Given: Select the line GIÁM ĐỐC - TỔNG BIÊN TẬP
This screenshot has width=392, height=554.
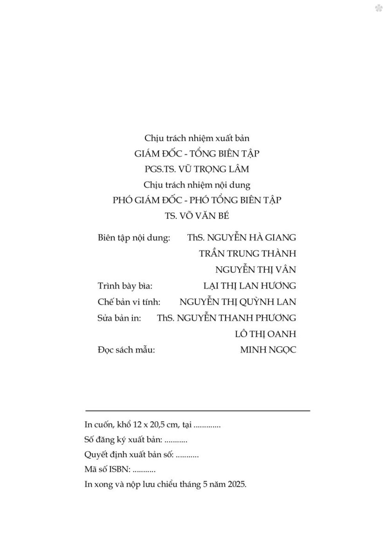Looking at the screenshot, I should [x=197, y=153].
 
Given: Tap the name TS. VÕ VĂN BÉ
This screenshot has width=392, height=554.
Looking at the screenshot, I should [x=197, y=216].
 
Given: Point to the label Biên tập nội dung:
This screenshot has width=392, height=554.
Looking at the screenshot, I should [x=134, y=238].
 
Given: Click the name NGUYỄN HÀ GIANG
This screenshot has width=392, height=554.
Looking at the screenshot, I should [x=251, y=238].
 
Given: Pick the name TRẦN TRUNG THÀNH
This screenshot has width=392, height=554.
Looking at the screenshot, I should [x=247, y=254].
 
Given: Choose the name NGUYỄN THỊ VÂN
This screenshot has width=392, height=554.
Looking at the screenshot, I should [x=256, y=270].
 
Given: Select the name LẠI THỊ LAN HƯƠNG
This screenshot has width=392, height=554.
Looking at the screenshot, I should [x=250, y=286].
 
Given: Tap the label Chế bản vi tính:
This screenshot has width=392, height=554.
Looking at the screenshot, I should [x=129, y=302].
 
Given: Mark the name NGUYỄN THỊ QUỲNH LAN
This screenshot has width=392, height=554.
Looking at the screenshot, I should [x=238, y=302].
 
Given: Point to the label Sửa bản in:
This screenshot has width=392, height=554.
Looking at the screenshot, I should [x=119, y=318].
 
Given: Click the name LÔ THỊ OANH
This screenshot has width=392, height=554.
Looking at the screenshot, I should [x=265, y=334].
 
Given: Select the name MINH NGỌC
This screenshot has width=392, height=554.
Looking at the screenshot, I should [x=268, y=350].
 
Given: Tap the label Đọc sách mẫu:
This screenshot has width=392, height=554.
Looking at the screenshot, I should [x=126, y=350].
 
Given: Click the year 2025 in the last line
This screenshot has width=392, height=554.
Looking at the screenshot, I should [x=236, y=484].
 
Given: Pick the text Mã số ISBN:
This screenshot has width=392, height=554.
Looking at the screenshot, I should [x=107, y=469].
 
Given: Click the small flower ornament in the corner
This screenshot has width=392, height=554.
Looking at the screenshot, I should [x=379, y=8].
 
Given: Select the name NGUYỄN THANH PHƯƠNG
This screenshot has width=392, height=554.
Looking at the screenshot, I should [x=236, y=318].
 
